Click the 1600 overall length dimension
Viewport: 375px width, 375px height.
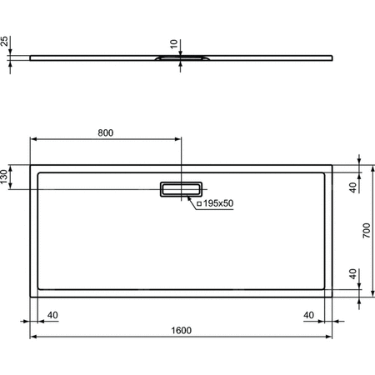coord(182,330)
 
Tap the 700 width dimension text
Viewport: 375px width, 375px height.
coord(366,231)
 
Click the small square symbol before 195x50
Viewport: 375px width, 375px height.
coord(200,203)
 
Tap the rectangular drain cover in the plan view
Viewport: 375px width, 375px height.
coord(181,188)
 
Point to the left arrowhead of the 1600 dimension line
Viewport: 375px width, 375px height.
coord(34,337)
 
